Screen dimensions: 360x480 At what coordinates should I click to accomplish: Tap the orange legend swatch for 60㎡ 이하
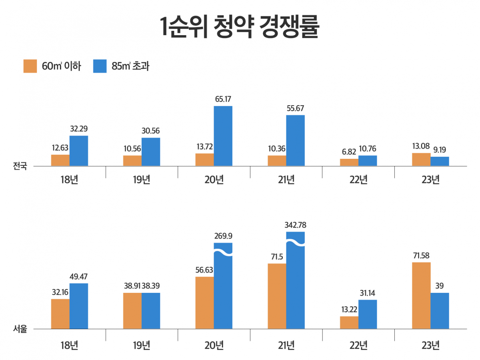coord(31,66)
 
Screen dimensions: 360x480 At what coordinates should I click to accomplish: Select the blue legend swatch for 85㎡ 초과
coord(100,66)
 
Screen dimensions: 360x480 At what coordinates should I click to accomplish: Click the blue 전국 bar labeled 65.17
coord(223,136)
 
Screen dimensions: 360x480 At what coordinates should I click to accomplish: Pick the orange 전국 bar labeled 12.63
coord(60,160)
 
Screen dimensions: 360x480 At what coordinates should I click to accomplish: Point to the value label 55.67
coord(295,108)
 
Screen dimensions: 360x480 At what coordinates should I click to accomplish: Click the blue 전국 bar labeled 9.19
coord(440,161)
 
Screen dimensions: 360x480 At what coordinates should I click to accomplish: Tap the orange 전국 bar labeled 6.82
coord(349,162)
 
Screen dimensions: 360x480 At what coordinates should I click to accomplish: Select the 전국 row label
coord(20,166)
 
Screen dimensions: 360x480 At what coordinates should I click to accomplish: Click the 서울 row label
coord(20,329)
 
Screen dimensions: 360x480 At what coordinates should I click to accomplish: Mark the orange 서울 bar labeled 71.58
coord(421,296)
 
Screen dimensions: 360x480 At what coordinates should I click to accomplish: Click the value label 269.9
coord(223,236)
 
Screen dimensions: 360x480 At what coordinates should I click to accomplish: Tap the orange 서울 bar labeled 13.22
coord(349,322)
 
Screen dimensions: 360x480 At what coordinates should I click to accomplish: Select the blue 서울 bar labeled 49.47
coord(79,306)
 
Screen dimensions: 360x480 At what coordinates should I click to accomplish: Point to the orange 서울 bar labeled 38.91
coord(132,311)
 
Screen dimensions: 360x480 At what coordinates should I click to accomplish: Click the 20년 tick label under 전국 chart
coord(214,180)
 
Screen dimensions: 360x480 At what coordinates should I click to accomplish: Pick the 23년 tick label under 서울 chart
coord(430,345)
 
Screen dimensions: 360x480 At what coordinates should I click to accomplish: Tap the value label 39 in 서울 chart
coord(440,286)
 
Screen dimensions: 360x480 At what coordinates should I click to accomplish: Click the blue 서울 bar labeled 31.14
coord(368,314)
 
